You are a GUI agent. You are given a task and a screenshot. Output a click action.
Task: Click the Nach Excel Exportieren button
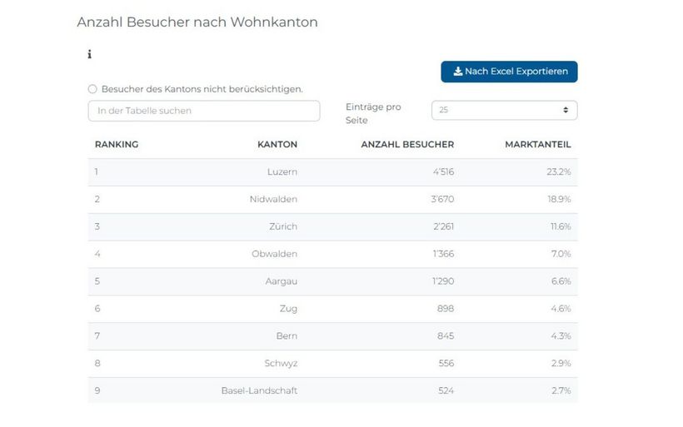point(509,72)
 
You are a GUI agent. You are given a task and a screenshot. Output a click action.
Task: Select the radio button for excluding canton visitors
point(92,89)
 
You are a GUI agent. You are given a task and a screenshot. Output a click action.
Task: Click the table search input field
point(204,111)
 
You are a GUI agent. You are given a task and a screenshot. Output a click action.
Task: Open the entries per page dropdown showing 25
point(504,110)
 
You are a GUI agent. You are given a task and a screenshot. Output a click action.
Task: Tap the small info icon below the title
point(89,55)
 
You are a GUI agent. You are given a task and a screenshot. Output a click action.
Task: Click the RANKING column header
point(117,145)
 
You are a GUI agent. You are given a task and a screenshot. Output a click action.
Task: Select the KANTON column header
point(277,145)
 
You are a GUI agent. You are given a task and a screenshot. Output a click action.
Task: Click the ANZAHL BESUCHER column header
point(407,145)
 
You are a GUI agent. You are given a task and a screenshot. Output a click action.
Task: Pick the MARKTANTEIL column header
point(537,145)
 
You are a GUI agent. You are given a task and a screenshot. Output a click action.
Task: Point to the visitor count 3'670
point(442,200)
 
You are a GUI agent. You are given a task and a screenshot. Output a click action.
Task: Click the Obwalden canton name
point(274,254)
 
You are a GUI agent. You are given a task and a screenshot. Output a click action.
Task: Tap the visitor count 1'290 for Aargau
point(442,281)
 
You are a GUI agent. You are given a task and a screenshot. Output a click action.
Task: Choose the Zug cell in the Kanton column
point(287,309)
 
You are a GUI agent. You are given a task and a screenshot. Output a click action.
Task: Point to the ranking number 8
point(97,364)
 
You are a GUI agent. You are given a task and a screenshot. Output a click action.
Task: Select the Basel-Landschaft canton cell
point(259,390)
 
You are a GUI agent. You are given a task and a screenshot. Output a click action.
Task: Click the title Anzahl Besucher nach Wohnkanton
point(197,22)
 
